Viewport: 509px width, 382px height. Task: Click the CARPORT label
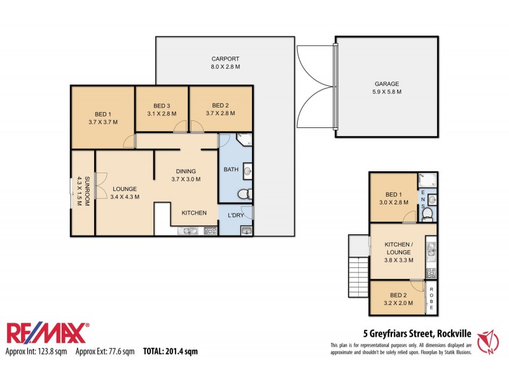coord(225,59)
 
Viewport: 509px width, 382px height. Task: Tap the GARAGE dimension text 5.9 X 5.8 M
coord(387,92)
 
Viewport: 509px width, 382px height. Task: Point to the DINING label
coord(186,171)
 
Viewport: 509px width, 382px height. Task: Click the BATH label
coord(230,169)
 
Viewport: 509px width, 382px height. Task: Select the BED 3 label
coord(162,106)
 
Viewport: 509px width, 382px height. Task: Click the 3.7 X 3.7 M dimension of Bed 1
coord(103,122)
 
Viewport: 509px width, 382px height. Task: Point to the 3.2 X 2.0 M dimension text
coord(398,303)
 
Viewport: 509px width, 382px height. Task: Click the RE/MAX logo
coord(48,334)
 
